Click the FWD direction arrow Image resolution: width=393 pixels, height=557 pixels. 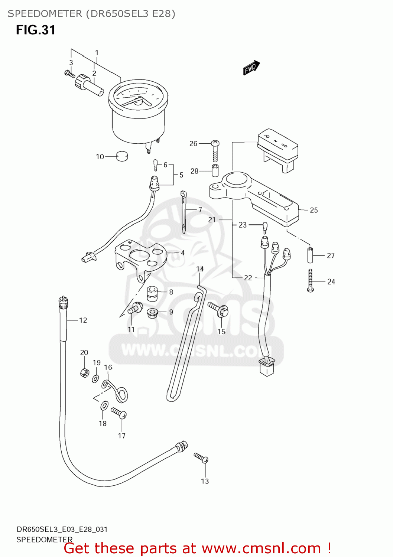pyautogui.click(x=251, y=68)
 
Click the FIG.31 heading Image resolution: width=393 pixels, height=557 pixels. pyautogui.click(x=36, y=30)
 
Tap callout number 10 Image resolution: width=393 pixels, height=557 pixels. pyautogui.click(x=100, y=157)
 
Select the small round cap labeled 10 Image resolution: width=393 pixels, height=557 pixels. pyautogui.click(x=122, y=156)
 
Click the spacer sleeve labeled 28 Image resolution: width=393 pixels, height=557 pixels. pyautogui.click(x=215, y=171)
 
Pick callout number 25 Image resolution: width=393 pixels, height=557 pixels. pyautogui.click(x=314, y=210)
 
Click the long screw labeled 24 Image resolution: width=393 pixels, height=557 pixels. pyautogui.click(x=311, y=280)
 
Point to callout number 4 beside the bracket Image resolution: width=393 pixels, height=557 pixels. pyautogui.click(x=182, y=253)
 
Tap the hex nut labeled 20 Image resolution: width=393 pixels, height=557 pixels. pyautogui.click(x=85, y=372)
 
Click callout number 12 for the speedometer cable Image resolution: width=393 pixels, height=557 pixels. pyautogui.click(x=83, y=320)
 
